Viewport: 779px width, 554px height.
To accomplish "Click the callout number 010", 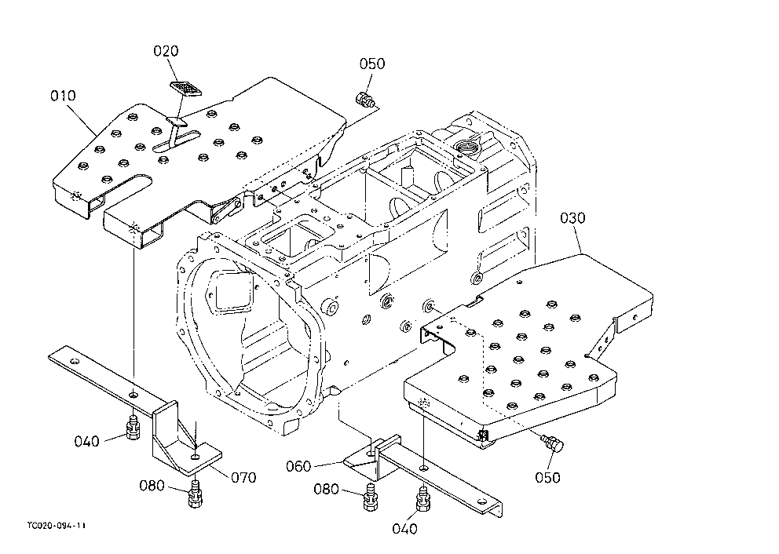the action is click(x=63, y=95).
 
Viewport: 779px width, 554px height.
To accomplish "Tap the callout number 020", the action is click(x=166, y=51).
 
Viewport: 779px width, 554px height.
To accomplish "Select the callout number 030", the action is click(x=572, y=217).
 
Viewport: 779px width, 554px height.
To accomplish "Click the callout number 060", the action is click(x=298, y=466).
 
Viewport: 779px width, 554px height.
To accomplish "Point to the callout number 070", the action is click(x=243, y=478).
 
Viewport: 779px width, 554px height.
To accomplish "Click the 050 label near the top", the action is click(x=372, y=64).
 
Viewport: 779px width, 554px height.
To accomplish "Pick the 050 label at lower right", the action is click(x=547, y=478).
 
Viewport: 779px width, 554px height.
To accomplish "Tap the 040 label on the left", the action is click(x=87, y=441).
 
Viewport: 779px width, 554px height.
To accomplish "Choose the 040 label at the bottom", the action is click(x=405, y=529).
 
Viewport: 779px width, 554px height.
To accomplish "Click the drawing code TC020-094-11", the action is click(x=56, y=525).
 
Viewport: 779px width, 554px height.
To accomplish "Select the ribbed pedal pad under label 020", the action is click(x=186, y=88).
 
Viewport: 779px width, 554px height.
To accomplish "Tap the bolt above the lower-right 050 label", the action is click(x=553, y=443).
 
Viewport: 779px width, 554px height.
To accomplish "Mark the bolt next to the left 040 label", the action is click(x=132, y=426).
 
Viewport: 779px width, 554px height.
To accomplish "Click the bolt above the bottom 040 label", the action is click(x=422, y=499).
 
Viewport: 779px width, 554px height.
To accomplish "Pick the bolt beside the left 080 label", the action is click(x=196, y=494).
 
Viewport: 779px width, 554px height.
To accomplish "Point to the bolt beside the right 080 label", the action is click(x=370, y=498).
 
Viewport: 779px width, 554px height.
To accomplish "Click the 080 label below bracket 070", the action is click(x=152, y=486).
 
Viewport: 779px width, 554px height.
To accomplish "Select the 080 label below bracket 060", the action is click(x=326, y=490).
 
